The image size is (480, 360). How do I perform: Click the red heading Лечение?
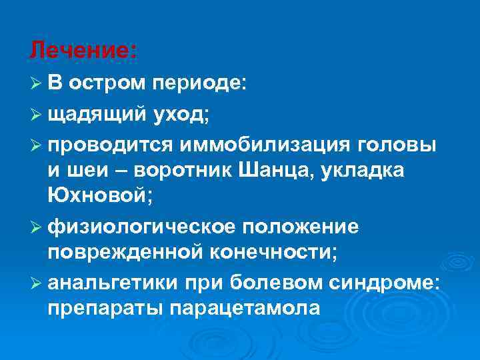click(x=84, y=49)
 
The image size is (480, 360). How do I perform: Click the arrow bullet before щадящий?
click(x=36, y=115)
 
